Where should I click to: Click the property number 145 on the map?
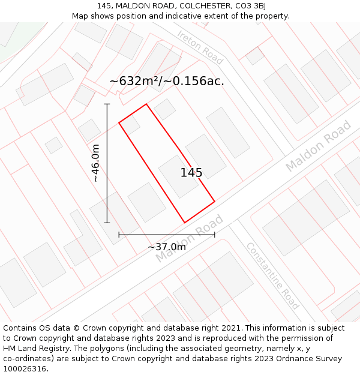[191, 173]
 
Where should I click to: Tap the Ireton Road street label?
[200, 47]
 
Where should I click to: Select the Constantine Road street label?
[272, 275]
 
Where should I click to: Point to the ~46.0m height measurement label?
[96, 163]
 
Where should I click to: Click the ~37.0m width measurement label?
[167, 247]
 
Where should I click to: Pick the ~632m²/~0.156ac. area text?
[167, 81]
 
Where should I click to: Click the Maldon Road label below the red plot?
[185, 238]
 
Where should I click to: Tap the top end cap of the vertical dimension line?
[107, 104]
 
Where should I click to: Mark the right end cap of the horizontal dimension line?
[214, 235]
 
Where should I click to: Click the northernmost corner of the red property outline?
[146, 104]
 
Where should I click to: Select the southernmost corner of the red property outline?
[184, 223]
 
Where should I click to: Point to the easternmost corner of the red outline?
[214, 202]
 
